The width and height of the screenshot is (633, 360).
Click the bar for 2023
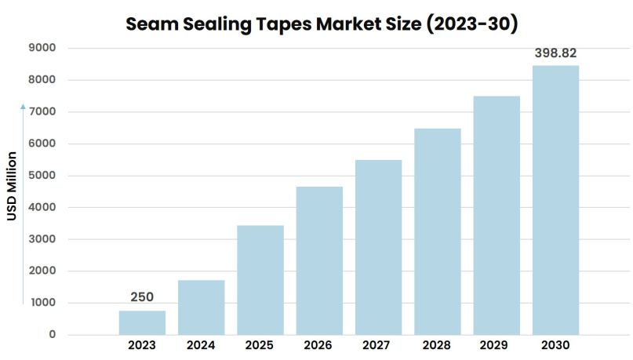pos(142,322)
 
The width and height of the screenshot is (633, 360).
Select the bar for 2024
pos(201,307)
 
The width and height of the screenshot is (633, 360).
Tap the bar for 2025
pos(260,280)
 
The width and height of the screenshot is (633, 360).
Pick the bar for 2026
pos(319,260)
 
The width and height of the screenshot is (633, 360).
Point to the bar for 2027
pos(378,247)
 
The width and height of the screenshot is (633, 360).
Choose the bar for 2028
pos(438,231)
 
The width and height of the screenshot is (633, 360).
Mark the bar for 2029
pos(497,216)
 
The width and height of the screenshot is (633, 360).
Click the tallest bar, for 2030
pos(555,200)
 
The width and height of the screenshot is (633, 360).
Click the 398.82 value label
pos(555,53)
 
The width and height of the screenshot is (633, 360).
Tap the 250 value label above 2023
pos(142,296)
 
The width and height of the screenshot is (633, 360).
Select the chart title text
pos(322,24)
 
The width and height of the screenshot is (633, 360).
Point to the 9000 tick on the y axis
pos(40,48)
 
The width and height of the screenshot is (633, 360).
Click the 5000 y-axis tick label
pos(40,176)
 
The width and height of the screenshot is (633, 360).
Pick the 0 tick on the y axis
pos(52,335)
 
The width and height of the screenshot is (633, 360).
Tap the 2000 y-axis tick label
pos(40,271)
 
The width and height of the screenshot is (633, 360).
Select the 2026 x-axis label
pos(319,345)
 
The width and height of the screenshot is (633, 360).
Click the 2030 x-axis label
pos(555,345)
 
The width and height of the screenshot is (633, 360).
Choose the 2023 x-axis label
pos(142,345)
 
